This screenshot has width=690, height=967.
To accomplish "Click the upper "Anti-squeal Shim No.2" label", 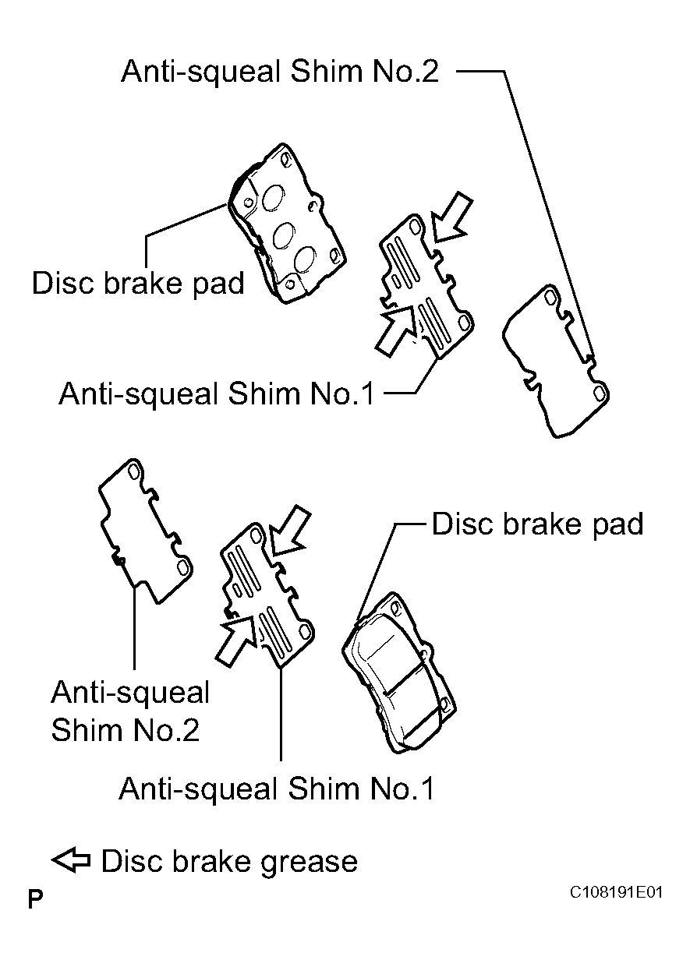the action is pyautogui.click(x=280, y=72).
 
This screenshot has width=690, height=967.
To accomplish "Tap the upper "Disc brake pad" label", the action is pyautogui.click(x=138, y=284).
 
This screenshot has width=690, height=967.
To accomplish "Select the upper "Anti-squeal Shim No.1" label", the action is pyautogui.click(x=217, y=394).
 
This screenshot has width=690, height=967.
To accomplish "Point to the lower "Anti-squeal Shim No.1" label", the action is pyautogui.click(x=276, y=789).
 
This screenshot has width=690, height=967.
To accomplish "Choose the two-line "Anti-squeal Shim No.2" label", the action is pyautogui.click(x=130, y=711).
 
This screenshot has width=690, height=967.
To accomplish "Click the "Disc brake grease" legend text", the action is pyautogui.click(x=229, y=862).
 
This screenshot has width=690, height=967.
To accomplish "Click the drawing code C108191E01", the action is pyautogui.click(x=616, y=892).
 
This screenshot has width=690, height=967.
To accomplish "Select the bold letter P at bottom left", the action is pyautogui.click(x=35, y=900).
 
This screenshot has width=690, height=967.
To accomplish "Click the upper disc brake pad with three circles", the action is pyautogui.click(x=287, y=223).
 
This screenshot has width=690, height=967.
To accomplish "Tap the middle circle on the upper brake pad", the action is pyautogui.click(x=284, y=235).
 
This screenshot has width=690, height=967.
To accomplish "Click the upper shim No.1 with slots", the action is pyautogui.click(x=426, y=286).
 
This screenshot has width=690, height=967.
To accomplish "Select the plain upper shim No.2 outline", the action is pyautogui.click(x=556, y=361).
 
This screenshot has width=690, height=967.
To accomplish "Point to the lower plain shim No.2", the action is pyautogui.click(x=146, y=531).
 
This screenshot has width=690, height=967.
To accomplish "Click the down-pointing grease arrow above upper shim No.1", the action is pyautogui.click(x=451, y=218).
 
